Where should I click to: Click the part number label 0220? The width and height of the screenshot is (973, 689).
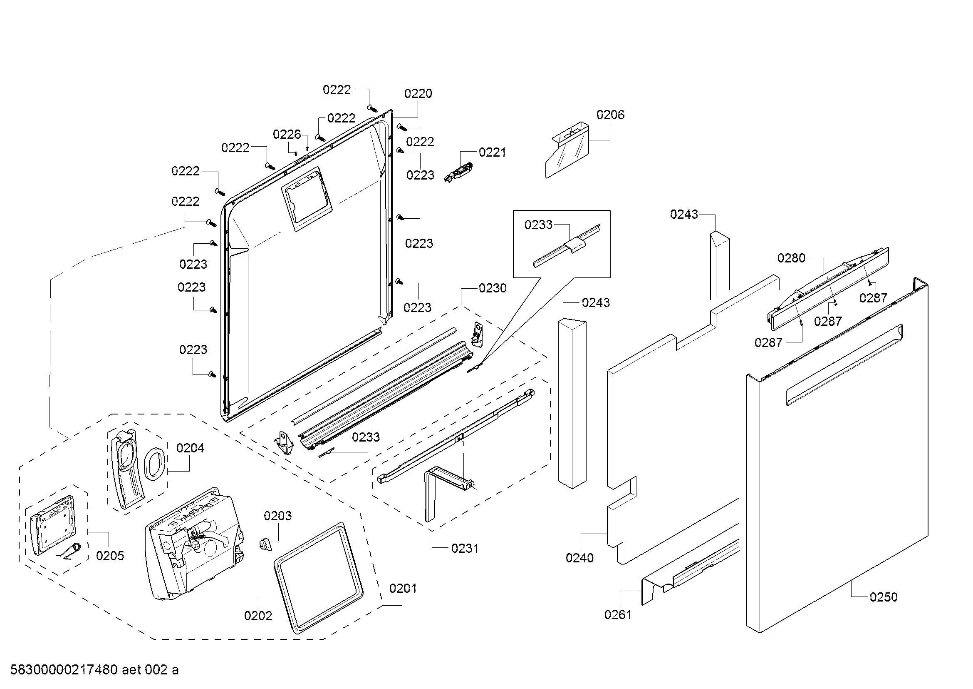pyautogui.click(x=418, y=94)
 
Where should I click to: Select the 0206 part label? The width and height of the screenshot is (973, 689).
pyautogui.click(x=610, y=115)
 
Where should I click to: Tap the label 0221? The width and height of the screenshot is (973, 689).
pyautogui.click(x=492, y=152)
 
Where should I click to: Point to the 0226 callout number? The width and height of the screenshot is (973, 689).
pyautogui.click(x=287, y=135)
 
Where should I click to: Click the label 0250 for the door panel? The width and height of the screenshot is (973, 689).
pyautogui.click(x=883, y=597)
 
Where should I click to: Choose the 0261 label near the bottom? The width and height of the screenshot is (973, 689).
pyautogui.click(x=617, y=614)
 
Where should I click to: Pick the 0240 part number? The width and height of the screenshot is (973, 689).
pyautogui.click(x=579, y=558)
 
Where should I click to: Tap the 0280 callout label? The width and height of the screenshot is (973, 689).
pyautogui.click(x=791, y=258)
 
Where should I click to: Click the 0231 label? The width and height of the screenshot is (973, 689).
pyautogui.click(x=465, y=549)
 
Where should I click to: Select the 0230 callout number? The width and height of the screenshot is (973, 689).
pyautogui.click(x=493, y=289)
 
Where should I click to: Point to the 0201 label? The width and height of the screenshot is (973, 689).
pyautogui.click(x=403, y=589)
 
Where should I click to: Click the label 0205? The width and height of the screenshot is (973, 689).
pyautogui.click(x=110, y=556)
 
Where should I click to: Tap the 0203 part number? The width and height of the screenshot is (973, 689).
pyautogui.click(x=277, y=516)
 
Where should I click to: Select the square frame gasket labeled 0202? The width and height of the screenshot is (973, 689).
pyautogui.click(x=318, y=577)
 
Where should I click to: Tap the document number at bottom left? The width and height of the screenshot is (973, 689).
pyautogui.click(x=94, y=669)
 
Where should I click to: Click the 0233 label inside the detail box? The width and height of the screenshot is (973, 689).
pyautogui.click(x=538, y=225)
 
